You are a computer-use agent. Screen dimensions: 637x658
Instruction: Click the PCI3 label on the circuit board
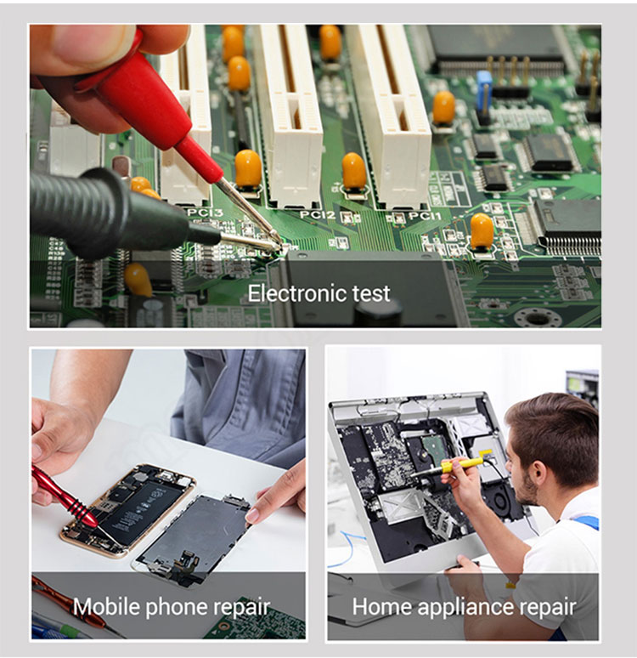(205, 213)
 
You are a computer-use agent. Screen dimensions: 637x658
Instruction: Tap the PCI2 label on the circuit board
(318, 215)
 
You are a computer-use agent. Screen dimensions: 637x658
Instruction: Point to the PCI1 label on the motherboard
(425, 216)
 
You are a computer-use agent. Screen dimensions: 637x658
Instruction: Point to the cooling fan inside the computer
(500, 500)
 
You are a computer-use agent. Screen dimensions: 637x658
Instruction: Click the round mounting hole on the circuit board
(538, 318)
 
